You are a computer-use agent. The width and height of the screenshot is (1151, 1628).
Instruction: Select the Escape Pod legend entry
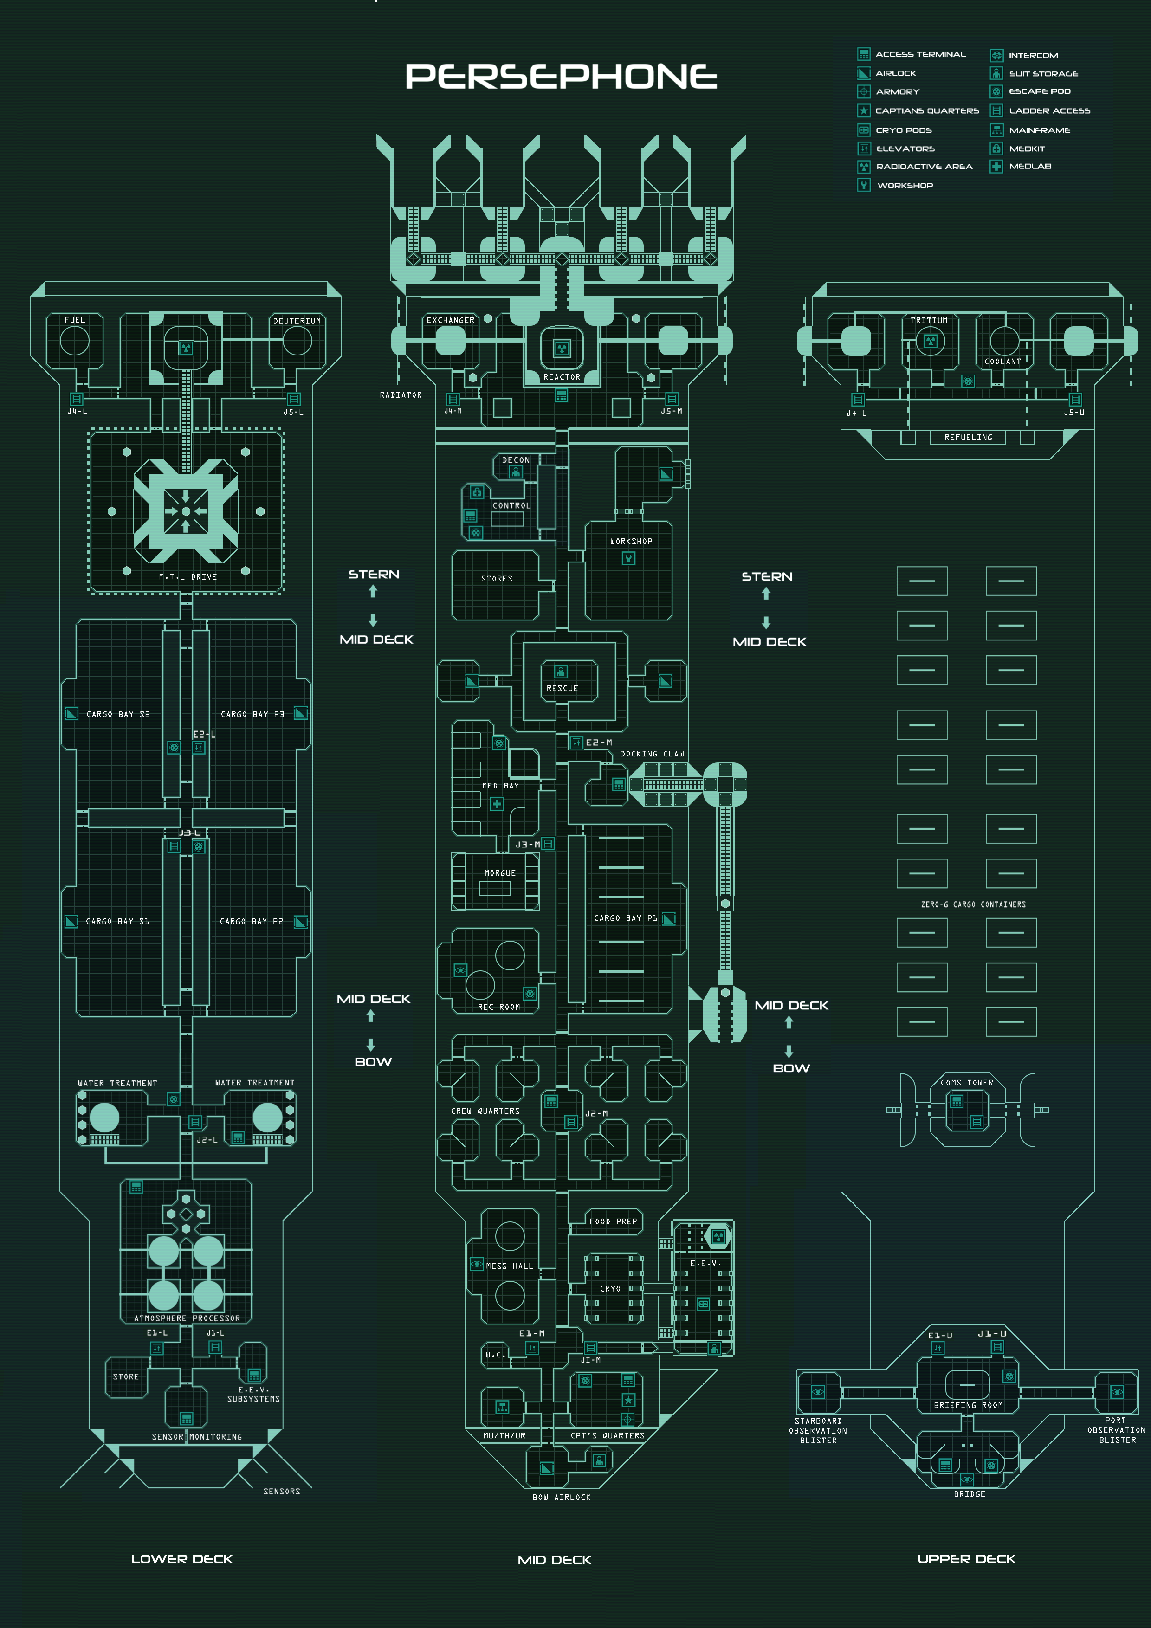(x=1039, y=91)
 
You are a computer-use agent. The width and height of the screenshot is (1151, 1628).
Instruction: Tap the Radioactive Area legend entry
(x=924, y=167)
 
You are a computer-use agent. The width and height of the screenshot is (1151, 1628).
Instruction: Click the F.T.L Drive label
(x=187, y=576)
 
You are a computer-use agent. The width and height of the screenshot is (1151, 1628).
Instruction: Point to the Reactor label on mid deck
(x=562, y=377)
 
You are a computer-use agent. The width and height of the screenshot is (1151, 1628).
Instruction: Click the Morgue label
(x=500, y=873)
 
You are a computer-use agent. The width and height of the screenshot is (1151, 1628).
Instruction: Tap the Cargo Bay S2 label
(x=118, y=714)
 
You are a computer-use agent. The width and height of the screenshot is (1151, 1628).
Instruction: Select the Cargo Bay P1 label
(x=625, y=917)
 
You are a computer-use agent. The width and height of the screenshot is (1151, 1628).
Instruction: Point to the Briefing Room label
(x=968, y=1405)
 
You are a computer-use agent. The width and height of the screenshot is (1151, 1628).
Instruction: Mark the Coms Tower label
(x=967, y=1083)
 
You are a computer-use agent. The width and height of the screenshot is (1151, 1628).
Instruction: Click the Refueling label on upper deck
(x=968, y=438)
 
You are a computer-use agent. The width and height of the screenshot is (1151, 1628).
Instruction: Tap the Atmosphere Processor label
(x=187, y=1318)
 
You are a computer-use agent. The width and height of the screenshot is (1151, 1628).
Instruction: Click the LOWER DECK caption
(x=181, y=1558)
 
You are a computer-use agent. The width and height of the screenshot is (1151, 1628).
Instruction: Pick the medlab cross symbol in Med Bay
(x=497, y=804)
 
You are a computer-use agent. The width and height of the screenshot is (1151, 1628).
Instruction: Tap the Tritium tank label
(x=929, y=321)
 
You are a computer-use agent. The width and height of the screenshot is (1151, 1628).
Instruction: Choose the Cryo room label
(x=610, y=1288)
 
